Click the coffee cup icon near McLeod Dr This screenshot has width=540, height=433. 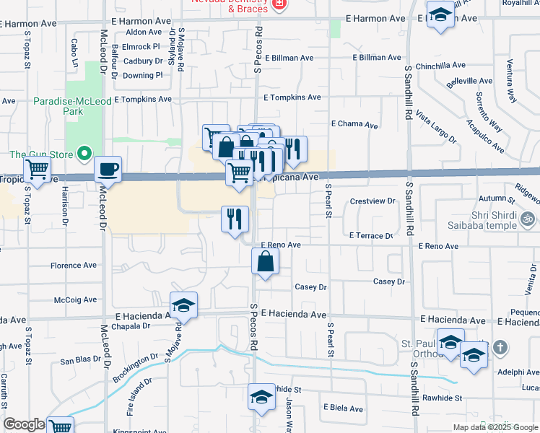(x=108, y=170)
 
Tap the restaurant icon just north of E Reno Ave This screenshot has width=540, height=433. (x=235, y=219)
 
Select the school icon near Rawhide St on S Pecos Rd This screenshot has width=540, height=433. (x=261, y=397)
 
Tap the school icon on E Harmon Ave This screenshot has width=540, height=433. (x=440, y=15)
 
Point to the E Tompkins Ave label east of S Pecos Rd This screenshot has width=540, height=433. (x=292, y=97)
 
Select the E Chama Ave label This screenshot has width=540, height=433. (x=354, y=125)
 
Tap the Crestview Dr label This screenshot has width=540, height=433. (x=373, y=201)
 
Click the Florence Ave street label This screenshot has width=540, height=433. (x=74, y=266)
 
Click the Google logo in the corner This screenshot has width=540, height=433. (x=24, y=424)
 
